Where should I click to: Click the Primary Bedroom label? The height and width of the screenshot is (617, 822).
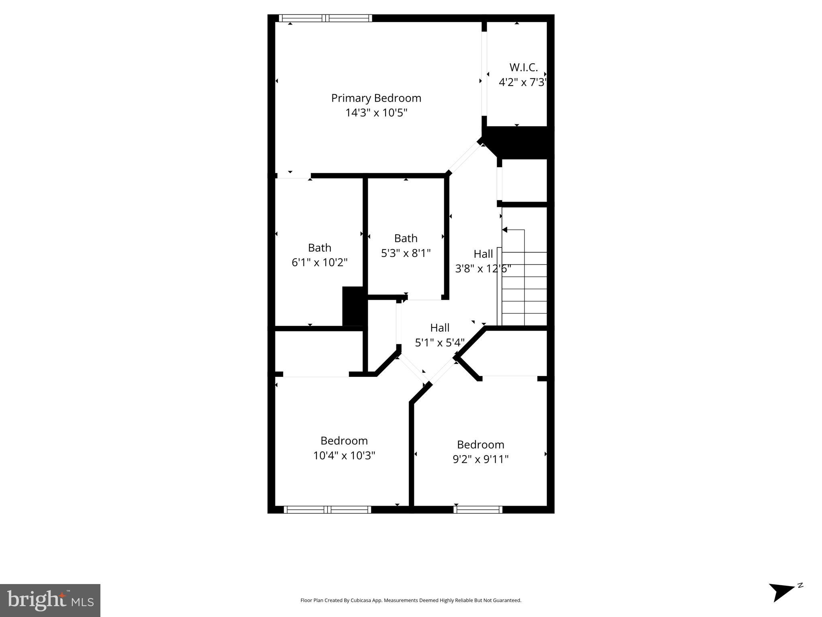(376, 98)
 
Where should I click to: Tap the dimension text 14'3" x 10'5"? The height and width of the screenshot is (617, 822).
(376, 113)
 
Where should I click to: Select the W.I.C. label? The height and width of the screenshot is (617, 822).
(523, 67)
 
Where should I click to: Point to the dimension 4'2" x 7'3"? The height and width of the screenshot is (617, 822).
(522, 82)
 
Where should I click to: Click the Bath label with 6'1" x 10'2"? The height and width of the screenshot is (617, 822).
(319, 247)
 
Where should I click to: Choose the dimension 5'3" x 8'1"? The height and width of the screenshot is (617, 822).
(406, 253)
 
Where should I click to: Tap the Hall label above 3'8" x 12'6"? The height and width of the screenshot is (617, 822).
(483, 254)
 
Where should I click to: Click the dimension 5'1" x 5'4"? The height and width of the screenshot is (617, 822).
(439, 343)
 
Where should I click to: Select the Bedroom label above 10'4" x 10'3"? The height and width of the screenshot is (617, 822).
(344, 441)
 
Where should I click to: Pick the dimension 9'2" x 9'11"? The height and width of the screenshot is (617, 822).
(480, 459)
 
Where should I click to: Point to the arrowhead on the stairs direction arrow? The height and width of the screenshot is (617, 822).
(505, 230)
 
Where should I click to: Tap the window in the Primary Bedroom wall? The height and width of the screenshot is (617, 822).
(325, 18)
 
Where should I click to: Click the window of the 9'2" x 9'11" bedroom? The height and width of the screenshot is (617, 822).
(478, 510)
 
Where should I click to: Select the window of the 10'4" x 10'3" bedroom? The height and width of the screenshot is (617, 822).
(327, 510)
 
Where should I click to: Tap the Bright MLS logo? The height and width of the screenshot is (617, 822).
(50, 600)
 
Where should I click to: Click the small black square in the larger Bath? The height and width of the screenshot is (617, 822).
(353, 306)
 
